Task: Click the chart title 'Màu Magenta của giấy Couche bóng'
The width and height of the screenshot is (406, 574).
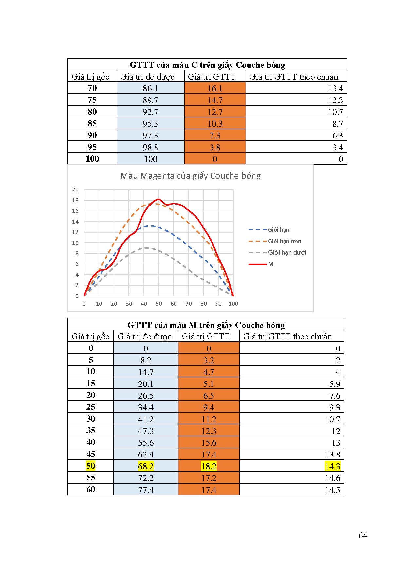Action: click(190, 176)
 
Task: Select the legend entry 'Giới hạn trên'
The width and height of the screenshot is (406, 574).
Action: click(284, 241)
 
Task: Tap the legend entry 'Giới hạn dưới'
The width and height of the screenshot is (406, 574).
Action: click(287, 252)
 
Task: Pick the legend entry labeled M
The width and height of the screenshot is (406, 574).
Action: click(270, 264)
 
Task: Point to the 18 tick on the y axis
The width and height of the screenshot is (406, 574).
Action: click(75, 200)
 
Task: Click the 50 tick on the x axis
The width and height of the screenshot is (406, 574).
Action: click(159, 304)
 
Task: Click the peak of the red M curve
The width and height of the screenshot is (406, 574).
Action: click(159, 199)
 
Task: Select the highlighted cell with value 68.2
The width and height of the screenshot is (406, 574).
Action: click(146, 466)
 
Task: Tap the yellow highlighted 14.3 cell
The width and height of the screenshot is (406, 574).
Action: click(332, 466)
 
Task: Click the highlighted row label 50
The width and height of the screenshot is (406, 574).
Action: click(91, 466)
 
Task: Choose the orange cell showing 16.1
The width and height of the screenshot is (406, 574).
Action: click(215, 88)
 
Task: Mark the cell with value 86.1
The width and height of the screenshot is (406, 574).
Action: click(150, 88)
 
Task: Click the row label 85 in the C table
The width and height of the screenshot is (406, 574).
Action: click(92, 123)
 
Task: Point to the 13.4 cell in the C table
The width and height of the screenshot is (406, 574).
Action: click(335, 88)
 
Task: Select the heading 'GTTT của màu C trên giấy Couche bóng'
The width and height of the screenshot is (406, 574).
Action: click(207, 65)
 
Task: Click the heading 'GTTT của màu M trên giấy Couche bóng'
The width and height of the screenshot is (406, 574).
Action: click(206, 325)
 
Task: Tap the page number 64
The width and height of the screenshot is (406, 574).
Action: click(363, 535)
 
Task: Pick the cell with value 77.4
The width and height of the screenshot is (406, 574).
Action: click(146, 490)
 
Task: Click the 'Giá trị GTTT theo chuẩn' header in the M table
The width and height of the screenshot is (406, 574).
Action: click(287, 336)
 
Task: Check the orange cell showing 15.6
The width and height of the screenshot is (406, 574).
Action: click(209, 442)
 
